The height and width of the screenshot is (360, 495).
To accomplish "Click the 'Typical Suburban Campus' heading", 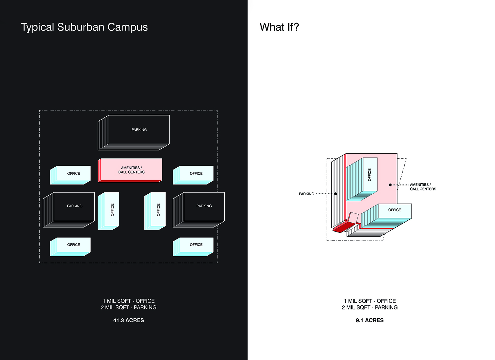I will pos(84,27).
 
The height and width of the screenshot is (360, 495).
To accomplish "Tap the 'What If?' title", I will pos(279,27).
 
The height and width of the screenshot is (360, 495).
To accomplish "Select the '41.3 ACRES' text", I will pos(128,320).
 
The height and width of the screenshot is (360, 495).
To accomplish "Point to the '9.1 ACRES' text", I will pos(370,320).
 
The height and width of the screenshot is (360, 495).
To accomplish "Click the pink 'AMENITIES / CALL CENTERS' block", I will pos(131,170).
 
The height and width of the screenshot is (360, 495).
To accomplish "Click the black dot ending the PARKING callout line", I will pos(336,194).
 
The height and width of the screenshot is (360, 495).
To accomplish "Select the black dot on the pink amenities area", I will pos(390,185).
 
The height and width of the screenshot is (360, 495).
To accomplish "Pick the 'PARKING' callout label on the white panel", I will pos(306,194).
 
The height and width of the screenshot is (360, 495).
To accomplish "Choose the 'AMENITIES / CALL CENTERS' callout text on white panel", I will pos(423,187).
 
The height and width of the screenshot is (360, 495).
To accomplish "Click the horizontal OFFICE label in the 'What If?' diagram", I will pos(394,210).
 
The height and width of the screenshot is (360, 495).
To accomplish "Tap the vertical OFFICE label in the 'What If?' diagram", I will pos(369,175).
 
